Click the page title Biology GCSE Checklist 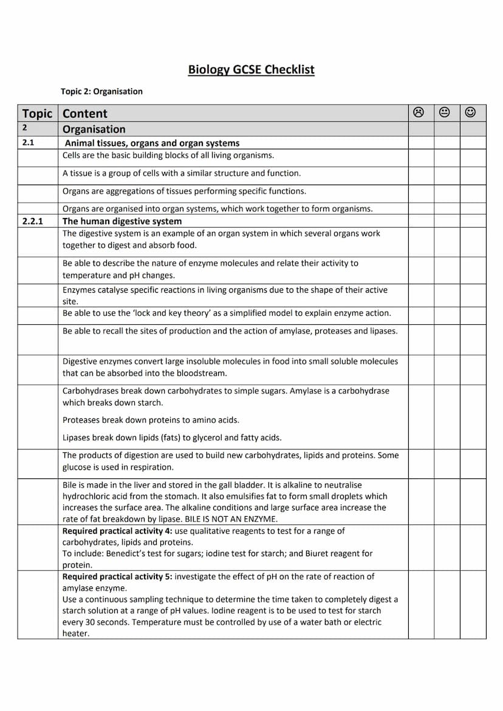pos(251,69)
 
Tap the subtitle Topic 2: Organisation pos(101,92)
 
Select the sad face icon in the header pos(419,112)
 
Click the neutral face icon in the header pos(445,112)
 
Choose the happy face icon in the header pos(470,112)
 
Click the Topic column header pos(38,114)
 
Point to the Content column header pos(85,114)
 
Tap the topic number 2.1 pos(29,143)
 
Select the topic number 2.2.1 pos(32,221)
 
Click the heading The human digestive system pos(122,221)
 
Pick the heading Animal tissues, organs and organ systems pos(152,143)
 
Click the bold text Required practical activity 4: pos(117,531)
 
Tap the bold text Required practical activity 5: pos(117,576)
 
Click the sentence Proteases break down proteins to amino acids pos(151,420)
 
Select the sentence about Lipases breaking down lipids pos(172,438)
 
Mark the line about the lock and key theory pos(227,313)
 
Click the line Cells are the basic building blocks pos(168,155)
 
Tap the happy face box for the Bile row pos(473,502)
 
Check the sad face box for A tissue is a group pos(421,175)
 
